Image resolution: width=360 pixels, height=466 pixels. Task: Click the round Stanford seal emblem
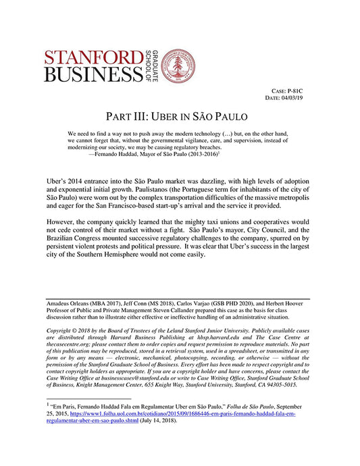click(x=179, y=66)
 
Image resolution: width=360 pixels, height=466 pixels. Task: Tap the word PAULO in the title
click(x=230, y=116)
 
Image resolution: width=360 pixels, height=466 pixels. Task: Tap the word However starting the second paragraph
click(x=64, y=228)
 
